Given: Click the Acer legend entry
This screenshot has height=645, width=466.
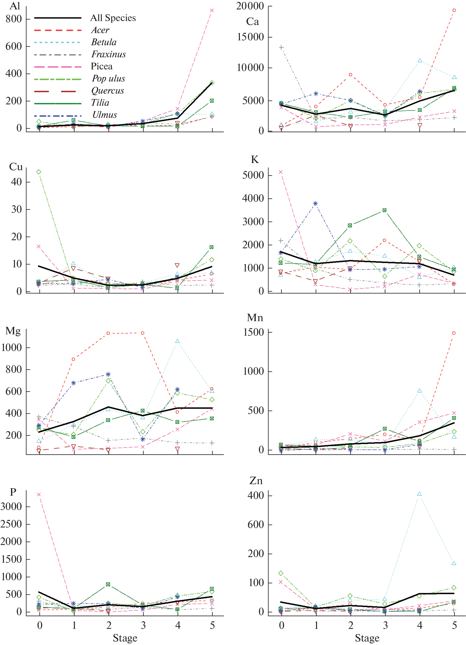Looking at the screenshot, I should [100, 30].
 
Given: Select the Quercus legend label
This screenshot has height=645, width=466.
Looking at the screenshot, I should [107, 91].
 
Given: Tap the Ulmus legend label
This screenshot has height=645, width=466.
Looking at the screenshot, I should [104, 115].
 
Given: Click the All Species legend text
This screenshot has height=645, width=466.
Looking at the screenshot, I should [113, 18].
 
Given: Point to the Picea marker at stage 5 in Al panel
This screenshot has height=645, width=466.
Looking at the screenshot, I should [212, 10].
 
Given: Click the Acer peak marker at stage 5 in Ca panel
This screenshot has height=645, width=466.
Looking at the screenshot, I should [454, 10].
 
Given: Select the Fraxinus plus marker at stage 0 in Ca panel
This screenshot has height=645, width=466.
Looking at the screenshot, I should [281, 48].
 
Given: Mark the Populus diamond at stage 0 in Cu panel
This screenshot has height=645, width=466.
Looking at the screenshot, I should [39, 172].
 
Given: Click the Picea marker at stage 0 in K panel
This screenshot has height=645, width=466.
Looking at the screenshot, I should [281, 172].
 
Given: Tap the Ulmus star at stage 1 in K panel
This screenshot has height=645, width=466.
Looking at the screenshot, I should [316, 204].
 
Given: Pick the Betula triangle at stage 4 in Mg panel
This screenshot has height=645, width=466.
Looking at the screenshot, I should [177, 341].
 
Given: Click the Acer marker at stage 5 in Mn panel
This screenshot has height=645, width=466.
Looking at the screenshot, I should [454, 333].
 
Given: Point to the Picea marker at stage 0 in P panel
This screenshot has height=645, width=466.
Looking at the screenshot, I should [39, 495].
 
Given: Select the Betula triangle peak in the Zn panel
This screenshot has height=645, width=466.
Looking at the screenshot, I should [419, 494].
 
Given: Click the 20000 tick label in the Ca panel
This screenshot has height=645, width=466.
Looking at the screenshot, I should [250, 6].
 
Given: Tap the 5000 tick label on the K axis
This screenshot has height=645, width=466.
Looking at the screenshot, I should [253, 175].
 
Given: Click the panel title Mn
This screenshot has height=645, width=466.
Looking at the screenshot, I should [255, 318].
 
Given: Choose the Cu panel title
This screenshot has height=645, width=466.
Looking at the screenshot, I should [16, 167].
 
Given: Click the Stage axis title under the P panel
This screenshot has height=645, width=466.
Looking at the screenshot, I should [125, 638].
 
